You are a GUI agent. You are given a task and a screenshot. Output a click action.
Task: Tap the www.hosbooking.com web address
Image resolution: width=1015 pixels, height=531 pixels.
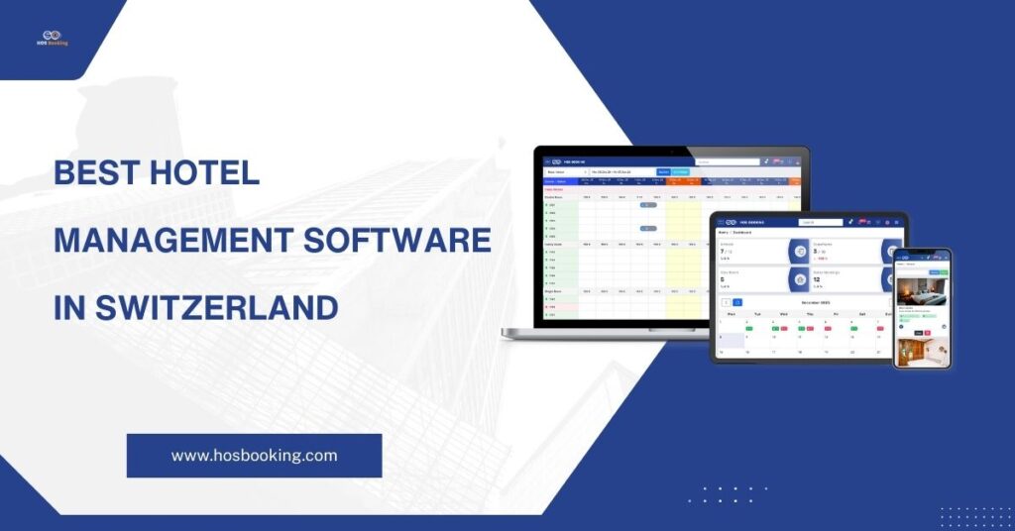254,456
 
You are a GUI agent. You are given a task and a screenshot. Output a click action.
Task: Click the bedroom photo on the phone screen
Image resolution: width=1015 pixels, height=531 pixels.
922,291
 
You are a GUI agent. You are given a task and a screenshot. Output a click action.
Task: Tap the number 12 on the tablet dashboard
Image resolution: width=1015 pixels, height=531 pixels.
818,279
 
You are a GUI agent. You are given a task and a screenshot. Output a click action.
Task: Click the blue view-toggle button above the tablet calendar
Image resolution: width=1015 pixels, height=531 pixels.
737,302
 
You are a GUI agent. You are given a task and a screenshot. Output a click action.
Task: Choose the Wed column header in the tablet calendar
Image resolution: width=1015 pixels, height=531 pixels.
783,313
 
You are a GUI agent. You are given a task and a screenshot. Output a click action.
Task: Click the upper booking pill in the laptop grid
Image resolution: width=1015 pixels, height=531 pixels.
648,205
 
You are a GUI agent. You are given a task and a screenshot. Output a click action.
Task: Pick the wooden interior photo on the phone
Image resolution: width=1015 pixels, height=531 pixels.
922,352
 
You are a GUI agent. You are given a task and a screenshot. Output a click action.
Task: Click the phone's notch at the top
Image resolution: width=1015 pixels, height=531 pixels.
922,252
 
